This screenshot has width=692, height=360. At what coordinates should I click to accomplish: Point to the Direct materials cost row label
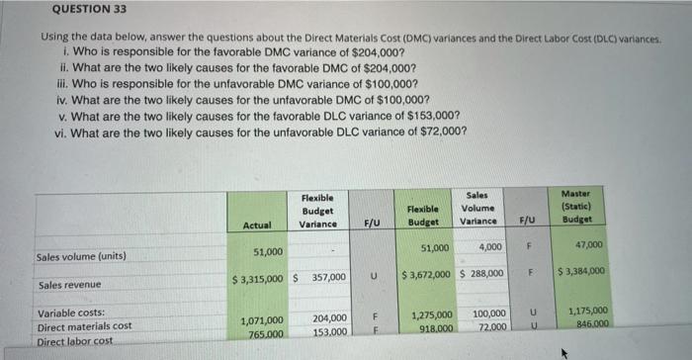(84, 326)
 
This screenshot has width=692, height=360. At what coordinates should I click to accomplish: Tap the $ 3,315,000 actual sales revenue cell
(260, 278)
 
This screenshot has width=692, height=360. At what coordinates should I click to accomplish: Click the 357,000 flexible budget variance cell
(327, 278)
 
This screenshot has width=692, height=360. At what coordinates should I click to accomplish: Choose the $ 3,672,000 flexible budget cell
(428, 273)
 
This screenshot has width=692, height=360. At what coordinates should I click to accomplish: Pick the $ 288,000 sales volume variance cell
(483, 273)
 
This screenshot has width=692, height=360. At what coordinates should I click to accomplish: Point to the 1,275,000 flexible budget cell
(431, 315)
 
